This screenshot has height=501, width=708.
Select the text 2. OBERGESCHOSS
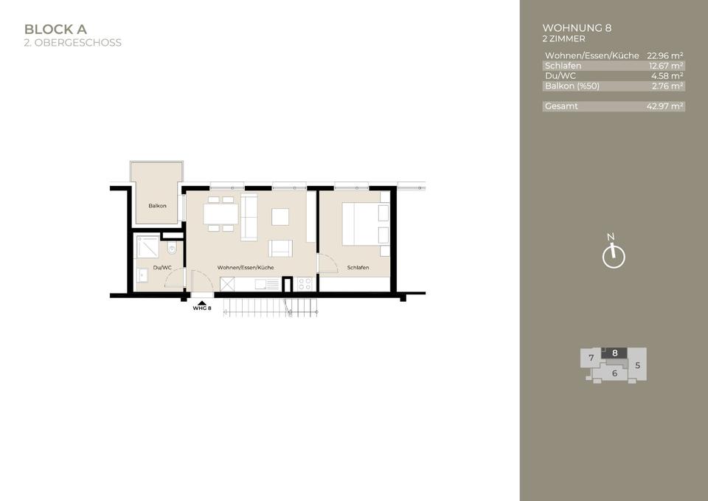[72, 43]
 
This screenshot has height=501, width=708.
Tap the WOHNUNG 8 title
[577, 28]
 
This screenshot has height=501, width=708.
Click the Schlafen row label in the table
[563, 66]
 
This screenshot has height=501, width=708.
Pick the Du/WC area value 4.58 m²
[667, 76]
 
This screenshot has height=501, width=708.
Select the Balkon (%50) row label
[572, 86]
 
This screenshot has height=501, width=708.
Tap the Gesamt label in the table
[561, 106]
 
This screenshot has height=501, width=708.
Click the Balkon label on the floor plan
[157, 206]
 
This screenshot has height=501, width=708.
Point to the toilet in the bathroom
[172, 249]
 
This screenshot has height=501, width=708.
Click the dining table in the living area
[221, 214]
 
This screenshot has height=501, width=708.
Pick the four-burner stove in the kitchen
[305, 283]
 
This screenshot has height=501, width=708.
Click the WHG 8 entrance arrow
[201, 303]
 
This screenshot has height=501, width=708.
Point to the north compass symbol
[613, 255]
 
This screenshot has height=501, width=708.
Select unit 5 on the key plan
[637, 364]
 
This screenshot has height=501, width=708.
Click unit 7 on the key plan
[591, 359]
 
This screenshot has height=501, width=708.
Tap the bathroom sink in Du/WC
[143, 275]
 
